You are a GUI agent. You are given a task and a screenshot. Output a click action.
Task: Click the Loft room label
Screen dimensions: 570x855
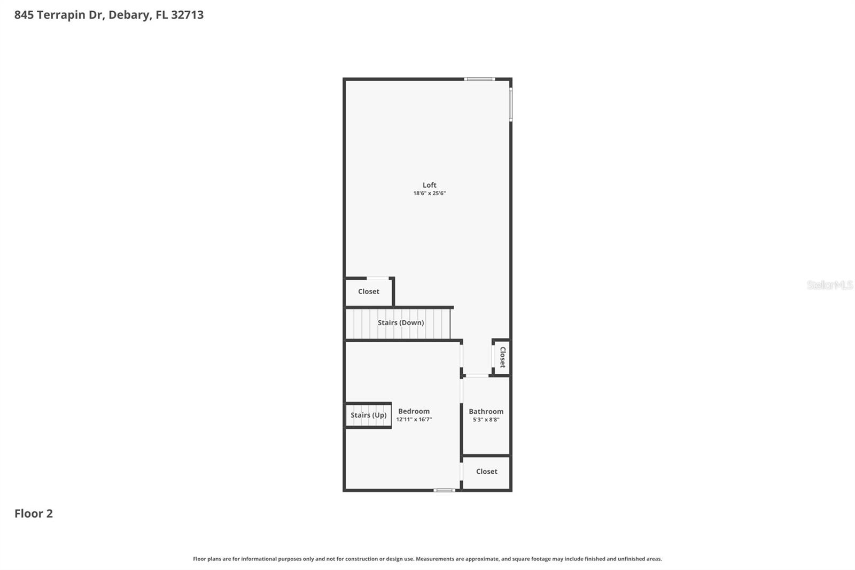(x=429, y=185)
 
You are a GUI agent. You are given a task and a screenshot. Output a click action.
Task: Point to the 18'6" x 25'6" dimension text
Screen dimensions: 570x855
(x=429, y=194)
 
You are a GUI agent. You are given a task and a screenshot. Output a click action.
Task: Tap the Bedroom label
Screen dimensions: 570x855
(x=414, y=411)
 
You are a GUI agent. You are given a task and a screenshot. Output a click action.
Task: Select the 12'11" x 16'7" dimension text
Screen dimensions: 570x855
(x=414, y=420)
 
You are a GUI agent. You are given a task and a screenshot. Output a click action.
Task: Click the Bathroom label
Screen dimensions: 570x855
(x=486, y=411)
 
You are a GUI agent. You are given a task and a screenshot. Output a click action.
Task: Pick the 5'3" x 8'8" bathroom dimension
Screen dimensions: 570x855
(x=486, y=420)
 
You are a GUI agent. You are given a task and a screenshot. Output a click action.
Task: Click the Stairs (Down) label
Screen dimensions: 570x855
(x=401, y=322)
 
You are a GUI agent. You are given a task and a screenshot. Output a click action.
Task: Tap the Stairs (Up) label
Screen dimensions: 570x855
(x=369, y=415)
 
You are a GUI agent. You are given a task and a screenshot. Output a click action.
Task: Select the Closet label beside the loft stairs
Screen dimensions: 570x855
(x=369, y=291)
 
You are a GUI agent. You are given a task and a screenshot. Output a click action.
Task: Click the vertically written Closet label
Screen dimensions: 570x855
(x=502, y=357)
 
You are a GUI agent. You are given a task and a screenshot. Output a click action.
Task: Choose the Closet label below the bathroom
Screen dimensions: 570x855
(x=486, y=471)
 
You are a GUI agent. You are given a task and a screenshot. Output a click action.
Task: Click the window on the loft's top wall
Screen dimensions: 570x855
(x=479, y=79)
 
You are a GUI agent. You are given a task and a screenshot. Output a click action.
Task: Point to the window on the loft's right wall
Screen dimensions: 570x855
(x=511, y=105)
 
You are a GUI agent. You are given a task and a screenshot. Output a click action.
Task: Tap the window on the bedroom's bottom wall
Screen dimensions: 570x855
(x=444, y=490)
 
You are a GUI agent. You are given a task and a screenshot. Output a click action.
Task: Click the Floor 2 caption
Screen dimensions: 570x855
(x=34, y=513)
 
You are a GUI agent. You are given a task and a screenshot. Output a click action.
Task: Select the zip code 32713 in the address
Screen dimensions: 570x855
(x=187, y=14)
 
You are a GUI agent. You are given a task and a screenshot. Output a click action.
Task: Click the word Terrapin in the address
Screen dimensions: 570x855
(x=61, y=14)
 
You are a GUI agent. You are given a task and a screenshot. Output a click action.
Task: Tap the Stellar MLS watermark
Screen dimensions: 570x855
(x=829, y=285)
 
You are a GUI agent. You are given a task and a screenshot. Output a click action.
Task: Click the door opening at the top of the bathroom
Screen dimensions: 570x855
(x=477, y=376)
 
